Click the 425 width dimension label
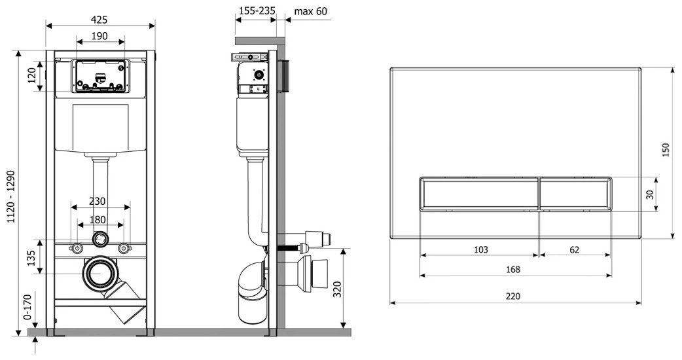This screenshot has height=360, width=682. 99,20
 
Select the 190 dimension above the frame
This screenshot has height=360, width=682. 99,36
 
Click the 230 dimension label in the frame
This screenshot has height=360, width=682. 97,202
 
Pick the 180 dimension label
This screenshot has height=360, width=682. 98,220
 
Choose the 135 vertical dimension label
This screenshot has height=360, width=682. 31,258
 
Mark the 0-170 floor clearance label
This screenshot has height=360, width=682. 27,307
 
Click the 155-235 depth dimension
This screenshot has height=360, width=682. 257,11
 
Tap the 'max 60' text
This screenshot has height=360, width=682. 310,11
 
